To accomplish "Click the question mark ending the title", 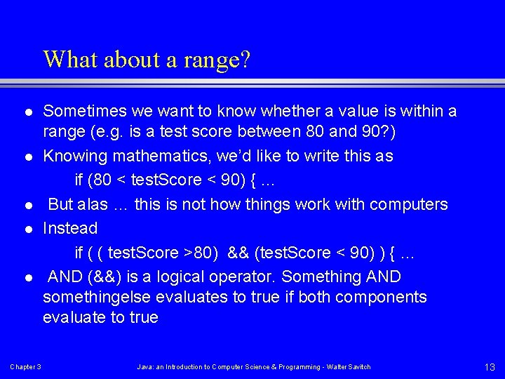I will point(245,59).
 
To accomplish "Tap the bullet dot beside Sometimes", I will point(27,112).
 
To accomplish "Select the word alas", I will point(93,204).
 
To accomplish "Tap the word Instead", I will point(70,228).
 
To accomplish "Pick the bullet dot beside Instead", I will point(27,229).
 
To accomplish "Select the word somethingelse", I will point(97,297).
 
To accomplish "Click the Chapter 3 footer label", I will point(25,367).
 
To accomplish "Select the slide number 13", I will point(490,366).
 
